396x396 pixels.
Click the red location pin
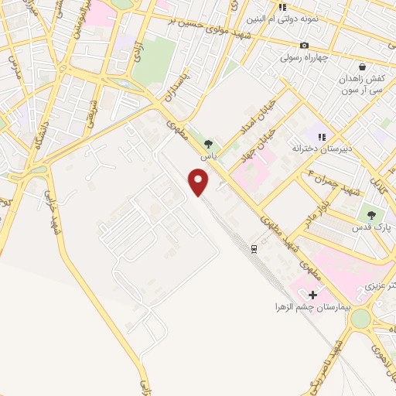[x=200, y=183]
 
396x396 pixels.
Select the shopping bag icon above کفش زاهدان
[x=361, y=67]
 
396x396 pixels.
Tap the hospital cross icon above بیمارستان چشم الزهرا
[x=312, y=295]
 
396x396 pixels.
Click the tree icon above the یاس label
[x=207, y=143]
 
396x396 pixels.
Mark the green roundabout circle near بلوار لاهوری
[x=360, y=318]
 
